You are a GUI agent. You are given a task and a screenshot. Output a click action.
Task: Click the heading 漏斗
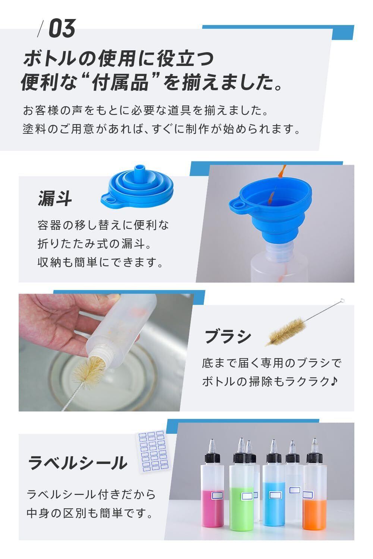click(x=55, y=199)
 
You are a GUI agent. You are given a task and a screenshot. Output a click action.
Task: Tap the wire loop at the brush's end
click(x=342, y=301)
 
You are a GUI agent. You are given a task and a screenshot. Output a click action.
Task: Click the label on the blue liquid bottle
click(x=275, y=495)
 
